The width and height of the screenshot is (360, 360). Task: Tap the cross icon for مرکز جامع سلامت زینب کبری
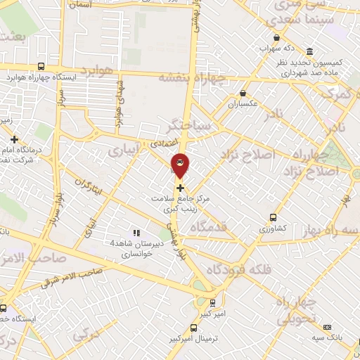(181, 188)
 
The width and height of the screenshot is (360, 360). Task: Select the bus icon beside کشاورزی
(274, 218)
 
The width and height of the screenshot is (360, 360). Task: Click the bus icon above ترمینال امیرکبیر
(197, 327)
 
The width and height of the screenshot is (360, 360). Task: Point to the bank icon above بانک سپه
(326, 327)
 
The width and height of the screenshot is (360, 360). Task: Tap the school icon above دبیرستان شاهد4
(136, 233)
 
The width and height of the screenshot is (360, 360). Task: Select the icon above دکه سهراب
(276, 38)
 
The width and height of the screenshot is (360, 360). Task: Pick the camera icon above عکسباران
(243, 92)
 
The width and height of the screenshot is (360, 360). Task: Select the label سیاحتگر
(185, 127)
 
